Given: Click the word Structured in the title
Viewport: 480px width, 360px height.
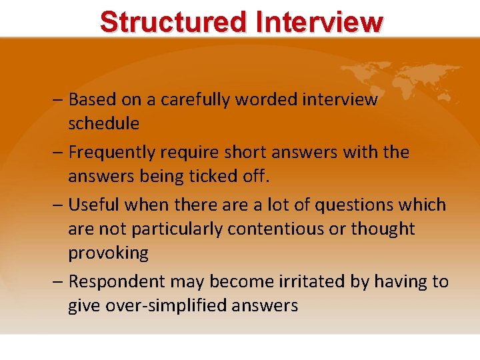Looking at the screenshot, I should coord(172,21).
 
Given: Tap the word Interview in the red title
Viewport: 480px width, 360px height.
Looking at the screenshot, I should coord(319,21).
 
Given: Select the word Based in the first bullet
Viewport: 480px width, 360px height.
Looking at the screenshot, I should coord(92,100).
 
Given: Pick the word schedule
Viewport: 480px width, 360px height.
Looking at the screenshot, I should coord(103,124).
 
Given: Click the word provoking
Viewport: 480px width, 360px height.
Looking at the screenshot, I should coord(108,253).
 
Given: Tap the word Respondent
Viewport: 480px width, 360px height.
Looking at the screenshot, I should coord(115,281).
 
